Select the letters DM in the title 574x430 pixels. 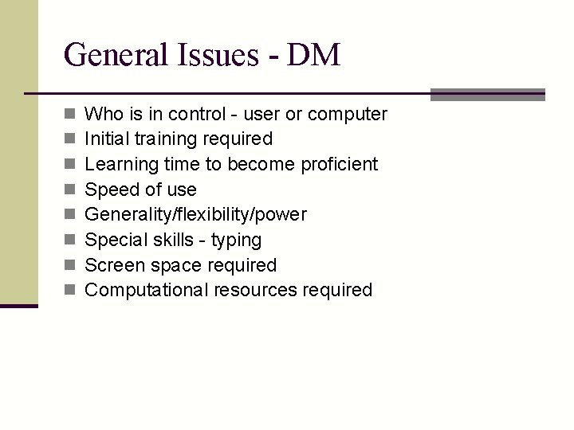(314, 55)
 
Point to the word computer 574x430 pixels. (348, 114)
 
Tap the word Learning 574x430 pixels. (121, 165)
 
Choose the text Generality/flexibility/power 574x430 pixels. (195, 215)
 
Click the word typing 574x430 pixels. (236, 240)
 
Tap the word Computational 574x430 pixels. (147, 291)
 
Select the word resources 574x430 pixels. (255, 291)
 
